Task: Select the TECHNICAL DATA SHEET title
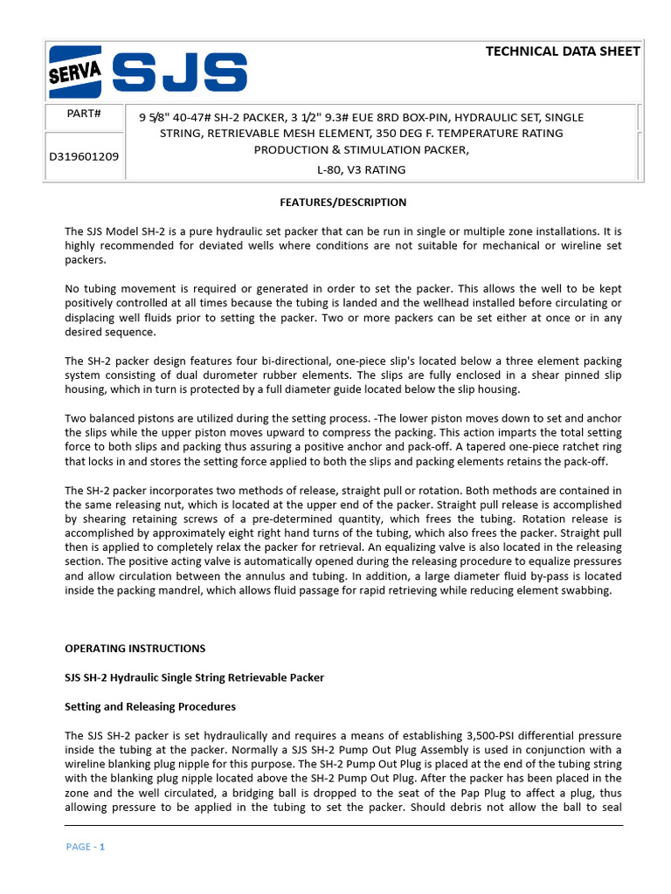pos(563,52)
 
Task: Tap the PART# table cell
pos(85,114)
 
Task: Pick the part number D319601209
pos(85,156)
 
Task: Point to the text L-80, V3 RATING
pos(361,169)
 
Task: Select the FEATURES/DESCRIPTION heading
pos(342,203)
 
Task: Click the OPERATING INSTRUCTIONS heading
pos(135,649)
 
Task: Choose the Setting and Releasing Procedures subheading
pos(150,706)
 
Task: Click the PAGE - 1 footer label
pos(86,847)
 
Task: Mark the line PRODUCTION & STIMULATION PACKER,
pos(361,151)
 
